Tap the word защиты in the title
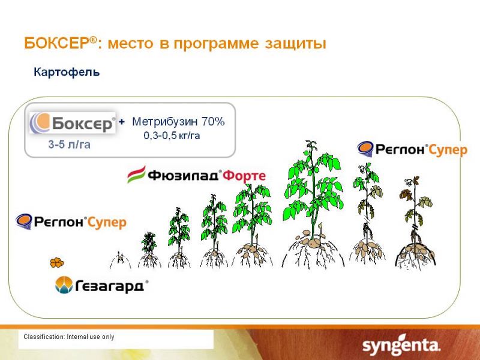295,43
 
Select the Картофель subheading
67,72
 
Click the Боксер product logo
73,123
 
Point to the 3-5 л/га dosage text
69,144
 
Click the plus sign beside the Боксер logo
122,122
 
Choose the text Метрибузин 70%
178,122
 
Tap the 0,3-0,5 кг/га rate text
172,136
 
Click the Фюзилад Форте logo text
206,176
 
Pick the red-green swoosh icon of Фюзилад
136,175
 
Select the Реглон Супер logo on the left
71,221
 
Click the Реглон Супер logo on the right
412,149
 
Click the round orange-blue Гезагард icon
64,284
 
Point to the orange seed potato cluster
57,263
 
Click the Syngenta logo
401,346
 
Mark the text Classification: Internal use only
69,337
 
